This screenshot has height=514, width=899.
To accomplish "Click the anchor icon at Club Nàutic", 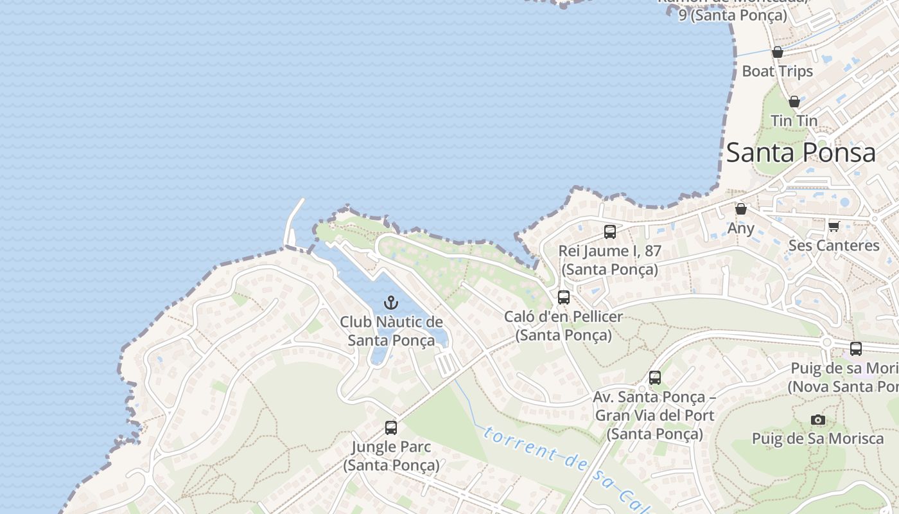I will click(390, 302).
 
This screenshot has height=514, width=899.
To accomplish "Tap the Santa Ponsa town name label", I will click(801, 153).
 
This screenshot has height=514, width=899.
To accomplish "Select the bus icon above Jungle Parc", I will click(390, 427).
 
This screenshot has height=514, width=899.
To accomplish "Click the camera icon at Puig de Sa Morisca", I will click(817, 420).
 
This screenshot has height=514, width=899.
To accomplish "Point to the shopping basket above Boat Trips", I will click(777, 52).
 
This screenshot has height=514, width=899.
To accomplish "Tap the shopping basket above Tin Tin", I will click(794, 102).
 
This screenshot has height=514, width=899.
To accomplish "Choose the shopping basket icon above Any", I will click(740, 209).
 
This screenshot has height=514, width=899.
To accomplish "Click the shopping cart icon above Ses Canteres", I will click(834, 226).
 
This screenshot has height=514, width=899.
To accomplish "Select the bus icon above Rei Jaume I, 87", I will click(609, 232).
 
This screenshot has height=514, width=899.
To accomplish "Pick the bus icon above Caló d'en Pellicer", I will click(563, 297).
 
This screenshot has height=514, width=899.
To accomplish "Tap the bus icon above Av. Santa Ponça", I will click(654, 378).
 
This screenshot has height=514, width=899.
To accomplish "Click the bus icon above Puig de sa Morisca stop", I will click(855, 349).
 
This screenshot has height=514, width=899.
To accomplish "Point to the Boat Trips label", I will click(777, 71).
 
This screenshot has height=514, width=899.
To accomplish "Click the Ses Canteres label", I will click(834, 245).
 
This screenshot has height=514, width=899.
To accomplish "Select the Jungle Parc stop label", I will click(390, 456).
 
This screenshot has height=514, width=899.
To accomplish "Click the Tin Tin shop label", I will click(794, 121).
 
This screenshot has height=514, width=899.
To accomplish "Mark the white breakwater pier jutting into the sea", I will click(295, 222).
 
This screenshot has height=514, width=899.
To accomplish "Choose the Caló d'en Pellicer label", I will click(563, 326).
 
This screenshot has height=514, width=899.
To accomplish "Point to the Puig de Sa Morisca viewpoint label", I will click(817, 439).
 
